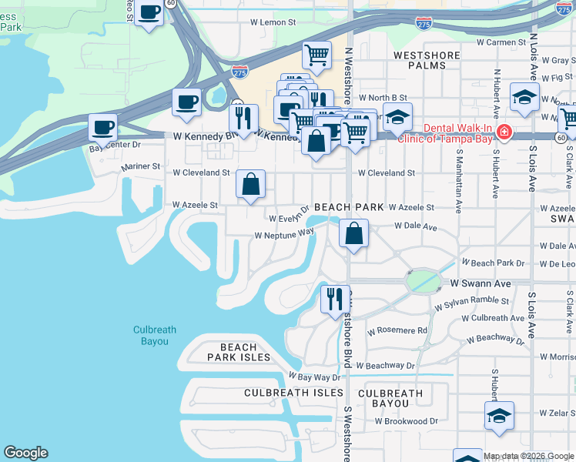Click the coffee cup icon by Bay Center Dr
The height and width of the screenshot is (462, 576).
103,128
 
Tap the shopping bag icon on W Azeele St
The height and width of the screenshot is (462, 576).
251,185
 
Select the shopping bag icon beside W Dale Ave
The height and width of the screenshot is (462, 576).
353,234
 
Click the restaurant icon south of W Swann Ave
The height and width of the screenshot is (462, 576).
335,299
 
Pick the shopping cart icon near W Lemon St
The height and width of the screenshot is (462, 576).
316,55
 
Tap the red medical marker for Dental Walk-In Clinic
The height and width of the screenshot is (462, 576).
504,132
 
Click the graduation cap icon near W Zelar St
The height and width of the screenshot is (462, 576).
500,416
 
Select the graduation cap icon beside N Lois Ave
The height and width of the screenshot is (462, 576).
524,98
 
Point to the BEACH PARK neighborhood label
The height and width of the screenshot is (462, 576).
349,207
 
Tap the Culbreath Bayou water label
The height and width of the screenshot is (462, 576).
155,335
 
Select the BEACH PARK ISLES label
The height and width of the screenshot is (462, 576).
239,352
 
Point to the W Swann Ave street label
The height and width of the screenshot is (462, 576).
481,283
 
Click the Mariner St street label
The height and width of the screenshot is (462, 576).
140,166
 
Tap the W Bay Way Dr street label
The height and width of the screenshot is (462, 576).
314,377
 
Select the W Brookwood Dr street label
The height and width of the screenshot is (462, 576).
406,421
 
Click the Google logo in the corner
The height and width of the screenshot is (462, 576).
25,453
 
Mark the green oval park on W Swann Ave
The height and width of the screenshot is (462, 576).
421,282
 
